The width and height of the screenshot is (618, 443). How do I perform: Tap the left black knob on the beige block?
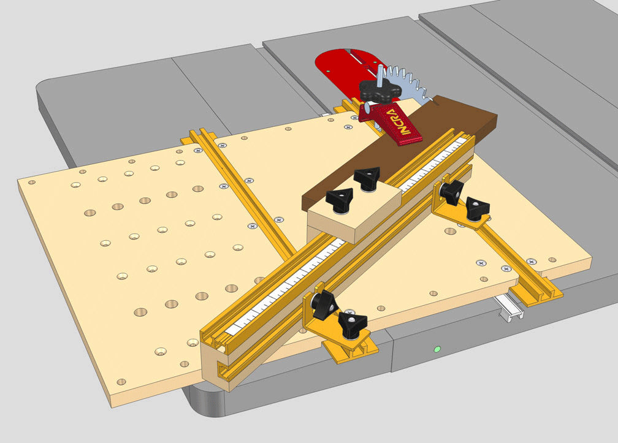[x=338, y=199]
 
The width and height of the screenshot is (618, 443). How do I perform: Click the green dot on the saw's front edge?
[x=437, y=350]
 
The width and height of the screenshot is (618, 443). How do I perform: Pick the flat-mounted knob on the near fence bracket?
[x=353, y=323]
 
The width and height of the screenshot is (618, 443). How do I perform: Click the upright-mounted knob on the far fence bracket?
[x=451, y=191]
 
